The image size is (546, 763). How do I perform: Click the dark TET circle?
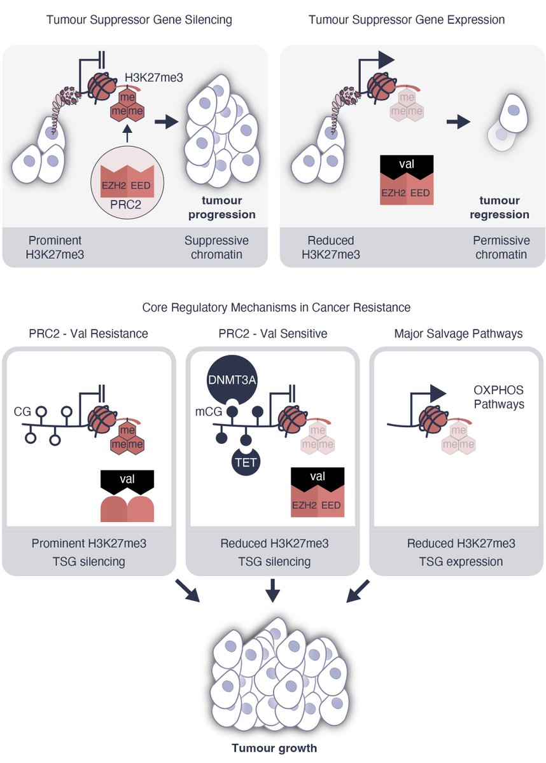246,462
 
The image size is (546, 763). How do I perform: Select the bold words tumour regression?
500,207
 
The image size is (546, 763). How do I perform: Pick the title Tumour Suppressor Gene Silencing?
139,20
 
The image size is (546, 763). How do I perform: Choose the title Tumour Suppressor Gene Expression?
407,20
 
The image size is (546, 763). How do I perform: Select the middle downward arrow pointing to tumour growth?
272,590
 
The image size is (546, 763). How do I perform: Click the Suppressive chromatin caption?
216,248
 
